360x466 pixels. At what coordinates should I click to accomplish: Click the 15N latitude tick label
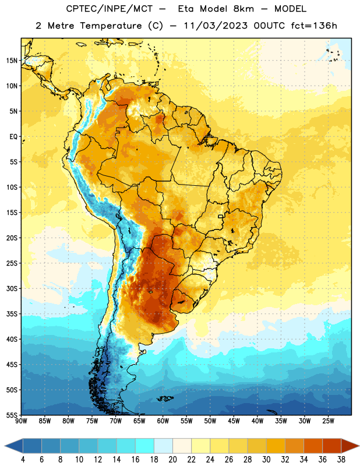point(12,61)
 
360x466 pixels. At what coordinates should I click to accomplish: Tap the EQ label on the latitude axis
point(13,137)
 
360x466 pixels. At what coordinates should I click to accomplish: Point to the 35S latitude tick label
point(12,314)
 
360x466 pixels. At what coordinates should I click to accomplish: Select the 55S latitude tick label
point(12,415)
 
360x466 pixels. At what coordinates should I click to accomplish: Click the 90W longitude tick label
point(21,421)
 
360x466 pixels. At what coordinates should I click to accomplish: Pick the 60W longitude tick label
point(163,421)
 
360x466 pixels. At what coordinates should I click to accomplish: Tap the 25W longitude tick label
point(328,421)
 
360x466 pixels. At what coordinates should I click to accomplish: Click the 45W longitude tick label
point(234,421)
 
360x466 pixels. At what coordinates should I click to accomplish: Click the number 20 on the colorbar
point(172,460)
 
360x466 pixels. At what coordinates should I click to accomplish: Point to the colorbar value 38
point(341,460)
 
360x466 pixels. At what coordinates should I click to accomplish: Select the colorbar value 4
point(23,460)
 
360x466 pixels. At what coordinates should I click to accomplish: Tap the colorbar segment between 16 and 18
point(145,446)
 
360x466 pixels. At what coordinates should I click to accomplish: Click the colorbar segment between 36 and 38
point(332,446)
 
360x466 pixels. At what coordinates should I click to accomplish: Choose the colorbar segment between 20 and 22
point(182,446)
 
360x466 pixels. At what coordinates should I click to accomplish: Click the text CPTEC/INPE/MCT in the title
point(110,9)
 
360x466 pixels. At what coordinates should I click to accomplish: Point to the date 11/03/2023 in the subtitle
point(215,26)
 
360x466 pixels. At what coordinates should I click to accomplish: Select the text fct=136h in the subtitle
point(314,26)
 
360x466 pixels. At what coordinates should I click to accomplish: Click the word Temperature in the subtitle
point(111,26)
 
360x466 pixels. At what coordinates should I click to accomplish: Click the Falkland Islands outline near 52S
point(165,398)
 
